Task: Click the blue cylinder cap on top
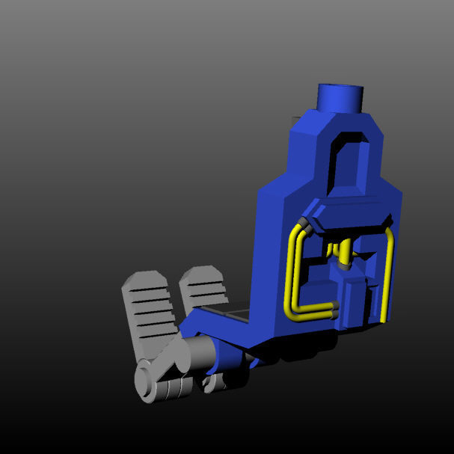point(340,98)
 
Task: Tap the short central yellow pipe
point(344,250)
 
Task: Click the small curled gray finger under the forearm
point(217,383)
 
